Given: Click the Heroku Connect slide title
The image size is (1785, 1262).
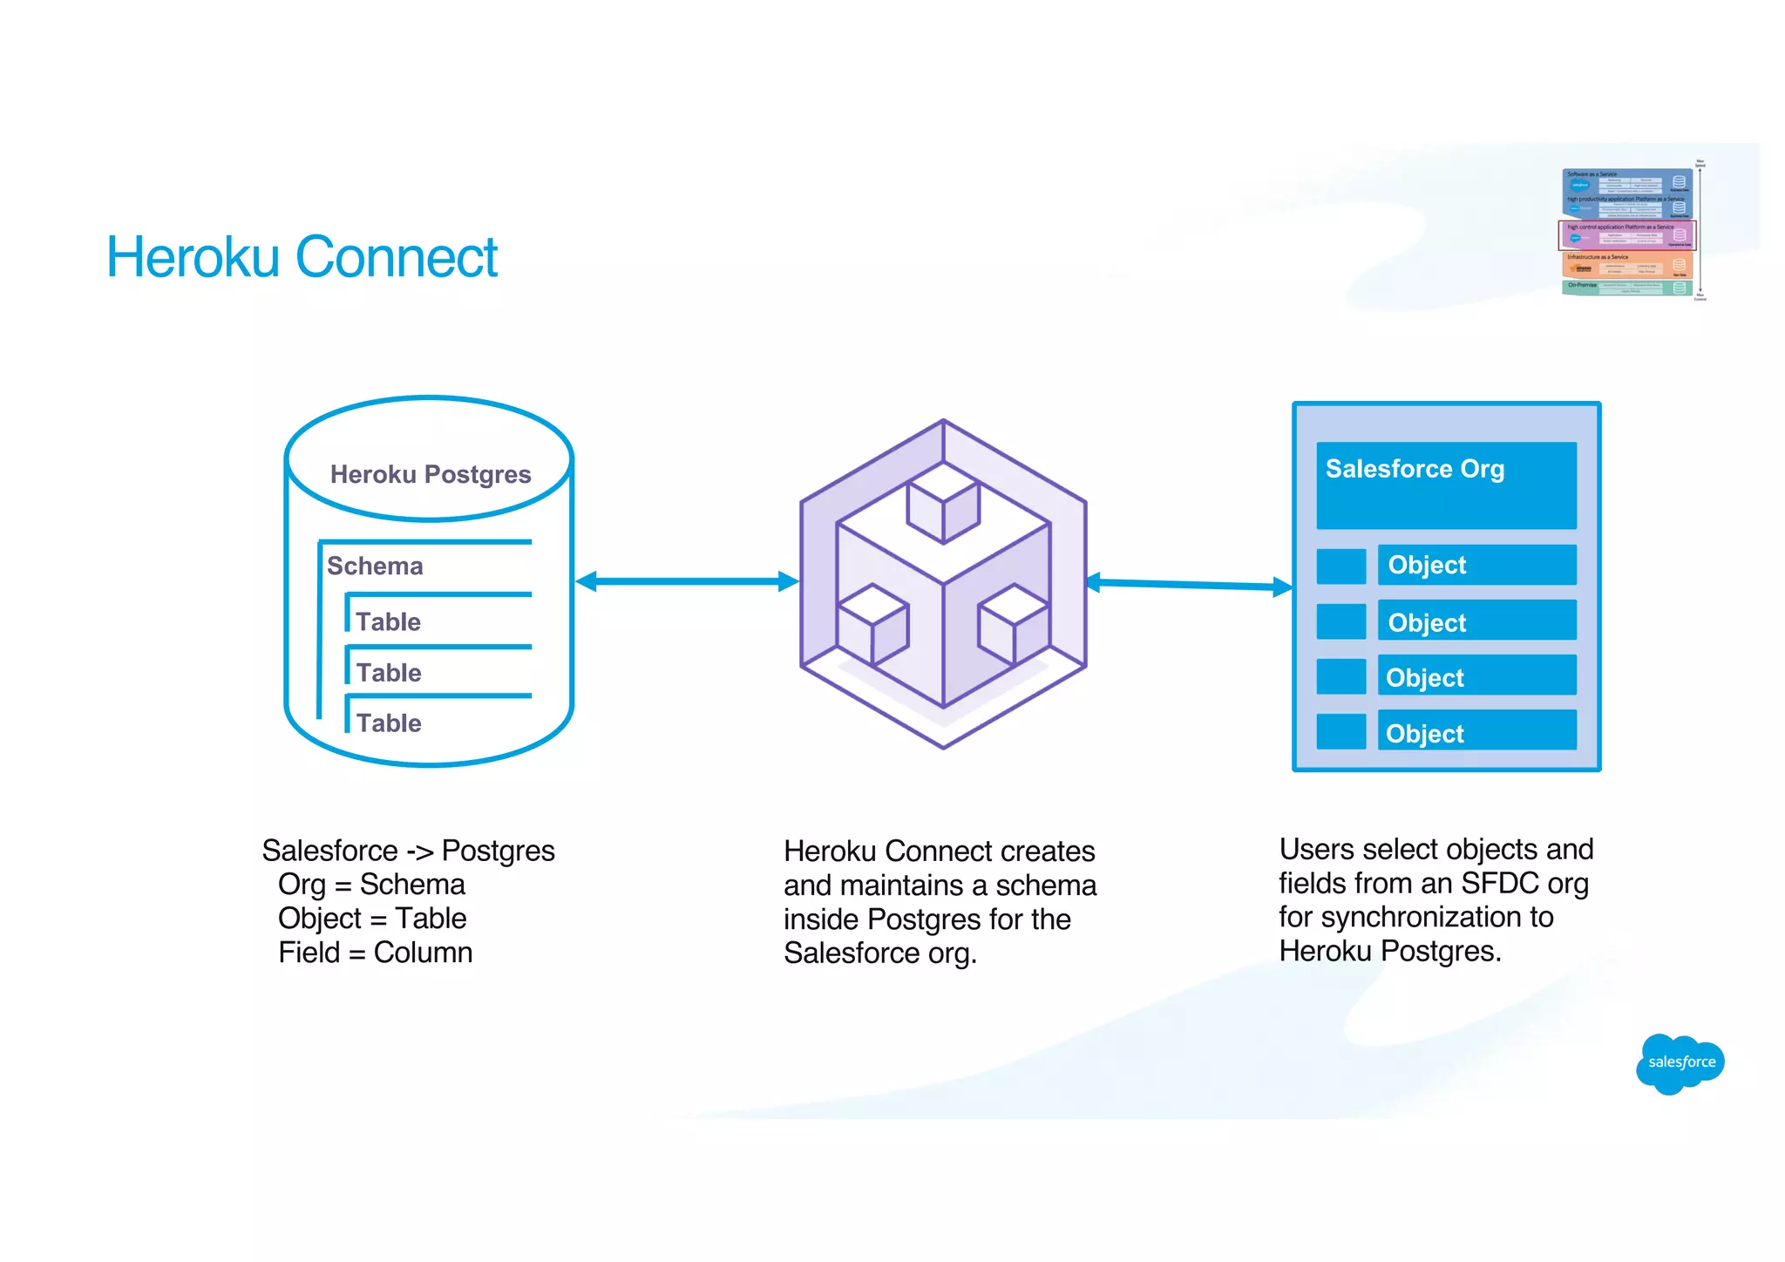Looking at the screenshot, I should point(302,257).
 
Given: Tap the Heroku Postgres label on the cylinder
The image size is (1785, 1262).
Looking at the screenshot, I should point(430,474).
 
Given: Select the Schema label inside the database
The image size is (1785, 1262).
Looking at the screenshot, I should point(375,567).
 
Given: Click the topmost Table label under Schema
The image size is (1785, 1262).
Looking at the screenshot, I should point(388,622).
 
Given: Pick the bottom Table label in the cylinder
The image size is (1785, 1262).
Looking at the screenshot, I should point(389,723).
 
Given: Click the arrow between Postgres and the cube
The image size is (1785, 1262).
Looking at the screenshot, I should point(687,581).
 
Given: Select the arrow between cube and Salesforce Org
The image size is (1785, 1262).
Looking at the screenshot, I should point(1190,585).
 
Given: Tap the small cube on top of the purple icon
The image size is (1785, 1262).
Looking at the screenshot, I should point(943,503).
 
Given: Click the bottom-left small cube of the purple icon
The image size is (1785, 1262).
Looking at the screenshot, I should point(872,625).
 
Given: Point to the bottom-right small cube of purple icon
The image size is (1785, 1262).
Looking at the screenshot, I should point(1014,625).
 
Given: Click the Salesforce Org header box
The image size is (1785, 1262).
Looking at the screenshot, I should point(1446,485).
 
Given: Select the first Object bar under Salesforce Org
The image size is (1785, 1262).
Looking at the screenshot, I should point(1476,565).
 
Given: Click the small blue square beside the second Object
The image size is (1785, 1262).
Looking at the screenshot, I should point(1340,621).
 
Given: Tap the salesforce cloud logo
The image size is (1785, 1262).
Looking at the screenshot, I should point(1680,1062).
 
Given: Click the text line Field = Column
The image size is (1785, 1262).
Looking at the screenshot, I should point(375,953).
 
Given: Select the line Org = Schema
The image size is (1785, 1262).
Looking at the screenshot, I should point(371,885).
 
